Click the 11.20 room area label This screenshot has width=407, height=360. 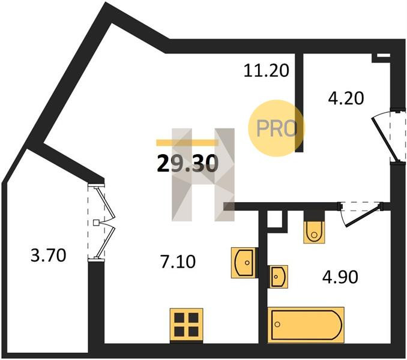(x=267, y=71)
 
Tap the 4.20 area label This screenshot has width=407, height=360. (x=345, y=97)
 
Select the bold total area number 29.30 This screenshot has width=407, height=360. (x=187, y=162)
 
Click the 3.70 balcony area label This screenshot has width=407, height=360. (x=48, y=256)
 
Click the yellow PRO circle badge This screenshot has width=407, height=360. (x=277, y=128)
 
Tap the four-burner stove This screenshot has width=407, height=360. (x=186, y=323)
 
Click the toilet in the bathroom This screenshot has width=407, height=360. (x=313, y=229)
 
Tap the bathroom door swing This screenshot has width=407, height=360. (x=360, y=213)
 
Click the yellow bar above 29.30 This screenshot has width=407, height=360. (x=187, y=143)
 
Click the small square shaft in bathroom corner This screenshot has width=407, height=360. (x=274, y=220)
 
